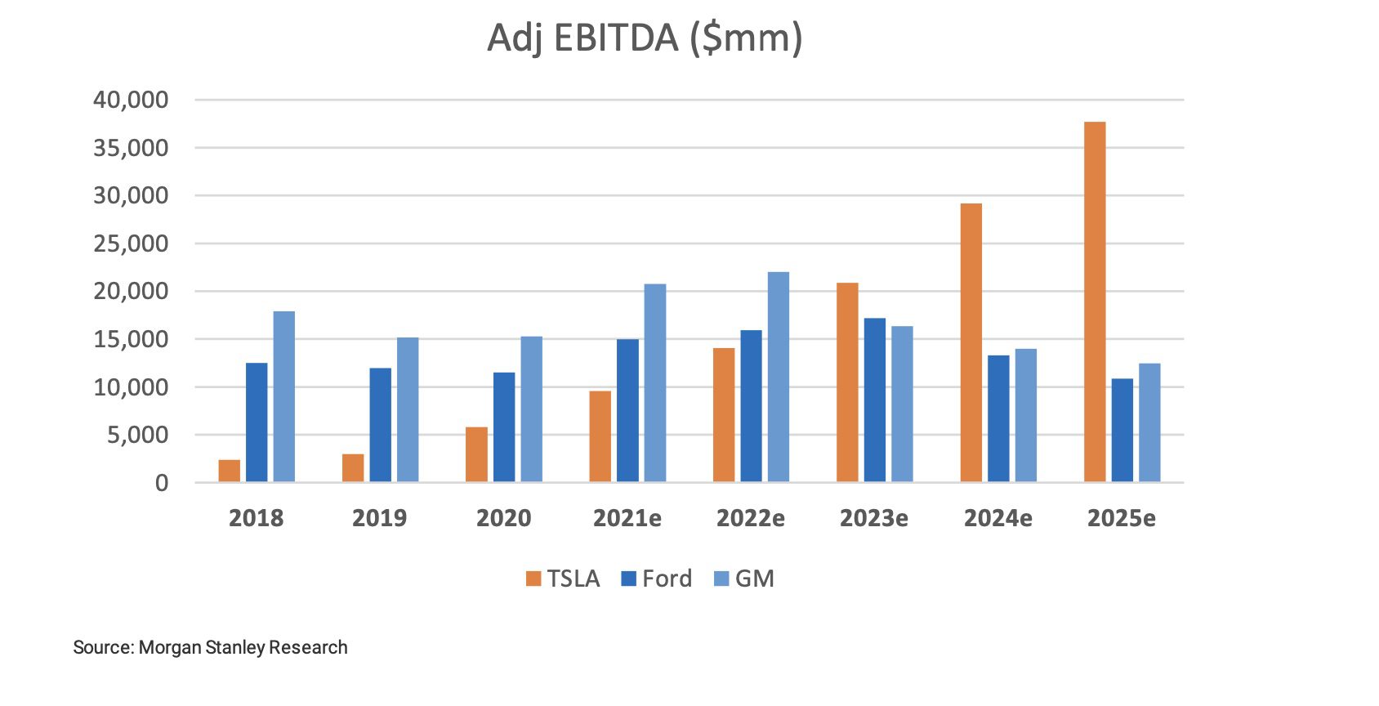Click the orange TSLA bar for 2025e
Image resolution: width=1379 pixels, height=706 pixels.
(x=1095, y=302)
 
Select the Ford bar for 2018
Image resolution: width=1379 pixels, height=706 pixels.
(x=257, y=422)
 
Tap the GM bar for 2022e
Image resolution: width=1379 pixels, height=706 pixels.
(x=779, y=377)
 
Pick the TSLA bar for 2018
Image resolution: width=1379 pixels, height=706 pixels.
(x=230, y=471)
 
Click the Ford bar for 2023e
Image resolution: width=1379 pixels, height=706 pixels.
(x=875, y=400)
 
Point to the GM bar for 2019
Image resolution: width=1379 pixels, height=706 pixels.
(x=408, y=409)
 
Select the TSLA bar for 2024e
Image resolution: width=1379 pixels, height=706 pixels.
(x=971, y=342)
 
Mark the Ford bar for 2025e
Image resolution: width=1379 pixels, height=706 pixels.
(x=1122, y=431)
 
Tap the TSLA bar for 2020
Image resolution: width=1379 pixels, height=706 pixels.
(x=476, y=454)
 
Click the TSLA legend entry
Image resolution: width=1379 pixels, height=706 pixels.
(x=563, y=579)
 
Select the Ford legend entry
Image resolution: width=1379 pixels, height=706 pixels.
(x=657, y=579)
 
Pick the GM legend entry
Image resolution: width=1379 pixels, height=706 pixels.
(x=744, y=579)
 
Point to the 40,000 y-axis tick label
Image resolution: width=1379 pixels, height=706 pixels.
(x=131, y=100)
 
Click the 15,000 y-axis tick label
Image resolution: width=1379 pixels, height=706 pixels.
(x=131, y=339)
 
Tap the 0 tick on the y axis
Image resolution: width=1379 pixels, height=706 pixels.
(x=162, y=483)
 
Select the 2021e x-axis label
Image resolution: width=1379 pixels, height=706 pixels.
(x=627, y=518)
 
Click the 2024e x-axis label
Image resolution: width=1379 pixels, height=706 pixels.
(x=997, y=518)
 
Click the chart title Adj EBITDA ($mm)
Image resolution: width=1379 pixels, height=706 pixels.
(x=645, y=38)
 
